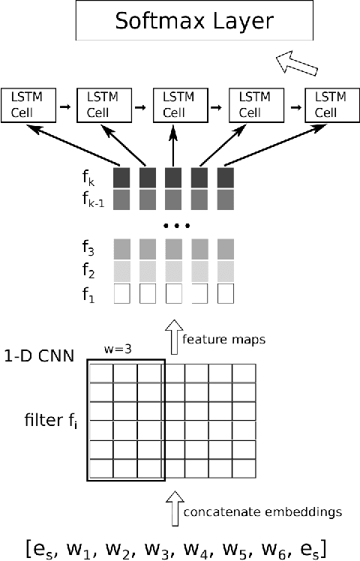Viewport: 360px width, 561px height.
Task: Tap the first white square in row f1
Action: click(x=122, y=292)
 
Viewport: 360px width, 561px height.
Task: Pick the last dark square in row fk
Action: click(x=226, y=178)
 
